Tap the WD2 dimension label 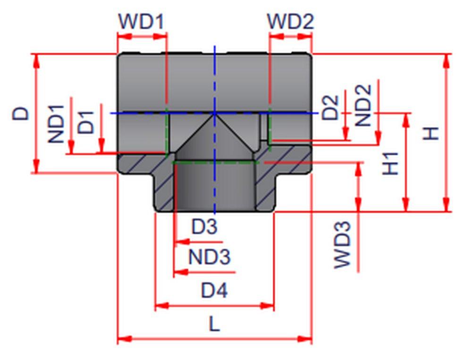click(x=290, y=21)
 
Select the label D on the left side click(x=20, y=113)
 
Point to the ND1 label click(x=56, y=124)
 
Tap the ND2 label click(x=363, y=105)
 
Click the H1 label click(x=390, y=163)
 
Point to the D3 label click(x=204, y=227)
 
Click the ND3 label click(x=210, y=257)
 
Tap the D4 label click(x=214, y=290)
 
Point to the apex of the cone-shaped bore click(x=215, y=114)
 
